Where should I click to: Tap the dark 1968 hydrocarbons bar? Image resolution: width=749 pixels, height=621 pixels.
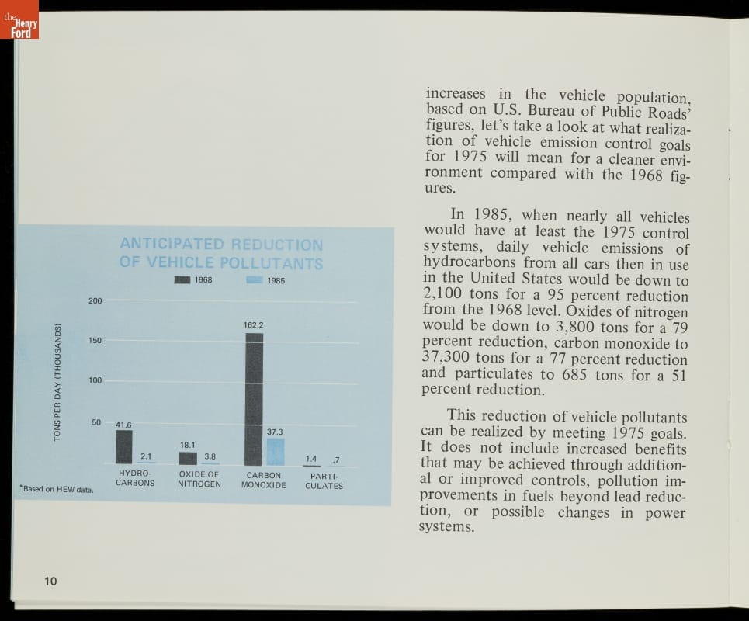tap(123, 446)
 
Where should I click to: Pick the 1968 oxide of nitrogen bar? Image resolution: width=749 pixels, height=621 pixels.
tap(188, 458)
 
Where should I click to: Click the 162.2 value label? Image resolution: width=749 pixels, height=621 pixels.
tap(254, 324)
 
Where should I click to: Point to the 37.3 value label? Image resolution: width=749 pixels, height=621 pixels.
tap(275, 431)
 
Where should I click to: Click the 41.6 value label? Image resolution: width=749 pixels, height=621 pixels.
tap(123, 425)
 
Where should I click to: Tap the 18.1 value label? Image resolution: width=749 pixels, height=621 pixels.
tap(188, 445)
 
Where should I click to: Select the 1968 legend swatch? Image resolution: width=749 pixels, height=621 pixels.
tap(182, 280)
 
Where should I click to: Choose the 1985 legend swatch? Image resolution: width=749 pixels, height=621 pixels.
tap(254, 280)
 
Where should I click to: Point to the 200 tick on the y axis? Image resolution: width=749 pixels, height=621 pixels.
tap(94, 300)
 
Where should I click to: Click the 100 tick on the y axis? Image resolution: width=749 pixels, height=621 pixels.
tap(94, 381)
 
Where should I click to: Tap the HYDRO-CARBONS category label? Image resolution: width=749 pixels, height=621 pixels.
tap(135, 478)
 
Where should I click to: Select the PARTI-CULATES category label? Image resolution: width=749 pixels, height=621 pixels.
tap(324, 480)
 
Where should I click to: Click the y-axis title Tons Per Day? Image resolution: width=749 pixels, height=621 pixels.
tap(57, 382)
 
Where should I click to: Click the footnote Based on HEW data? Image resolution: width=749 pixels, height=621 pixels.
tap(57, 489)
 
